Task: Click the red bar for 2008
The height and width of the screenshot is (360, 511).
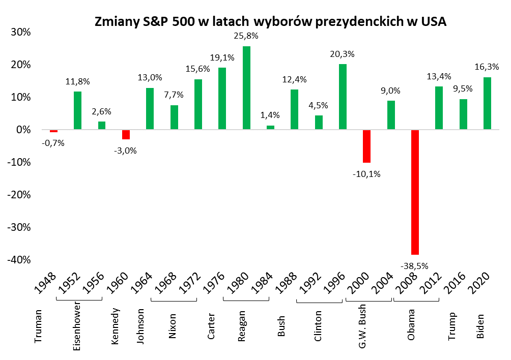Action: (x=415, y=192)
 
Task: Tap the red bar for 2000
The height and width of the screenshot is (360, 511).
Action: (x=366, y=146)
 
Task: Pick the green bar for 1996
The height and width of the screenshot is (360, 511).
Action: (x=343, y=97)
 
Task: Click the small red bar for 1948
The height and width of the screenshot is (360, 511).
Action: (x=53, y=131)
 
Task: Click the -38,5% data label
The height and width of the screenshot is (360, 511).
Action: (x=415, y=265)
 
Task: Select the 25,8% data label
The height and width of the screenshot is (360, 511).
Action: (x=246, y=36)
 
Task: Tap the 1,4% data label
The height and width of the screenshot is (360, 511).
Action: (x=270, y=115)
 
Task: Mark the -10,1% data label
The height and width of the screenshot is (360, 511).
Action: (x=366, y=174)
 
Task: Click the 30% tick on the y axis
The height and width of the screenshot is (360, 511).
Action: (x=20, y=32)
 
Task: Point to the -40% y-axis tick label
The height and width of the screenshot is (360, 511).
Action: (x=19, y=260)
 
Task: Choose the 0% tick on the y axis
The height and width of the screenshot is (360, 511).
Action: (x=23, y=130)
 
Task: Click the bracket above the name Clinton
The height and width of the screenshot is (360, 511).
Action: (x=319, y=303)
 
